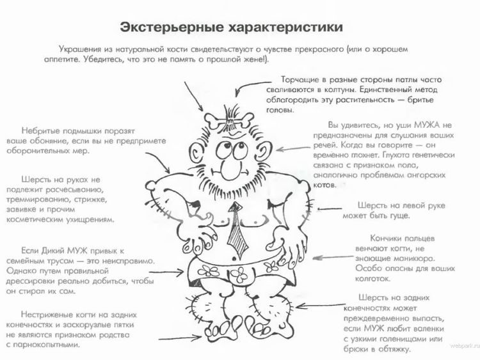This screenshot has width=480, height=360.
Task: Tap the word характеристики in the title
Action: point(285,27)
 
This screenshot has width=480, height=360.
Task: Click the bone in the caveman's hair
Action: point(229,120)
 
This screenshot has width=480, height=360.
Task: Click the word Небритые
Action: point(40,131)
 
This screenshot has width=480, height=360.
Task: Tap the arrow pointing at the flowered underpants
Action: point(166,272)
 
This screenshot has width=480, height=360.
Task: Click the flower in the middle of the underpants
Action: point(239,274)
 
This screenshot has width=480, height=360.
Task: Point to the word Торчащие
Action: point(300,80)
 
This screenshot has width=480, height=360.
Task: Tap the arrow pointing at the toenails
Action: point(180,338)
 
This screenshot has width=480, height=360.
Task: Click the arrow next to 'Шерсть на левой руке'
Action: point(330,209)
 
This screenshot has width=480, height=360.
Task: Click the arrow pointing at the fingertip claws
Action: point(333,257)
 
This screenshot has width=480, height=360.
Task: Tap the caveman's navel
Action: point(235,256)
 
